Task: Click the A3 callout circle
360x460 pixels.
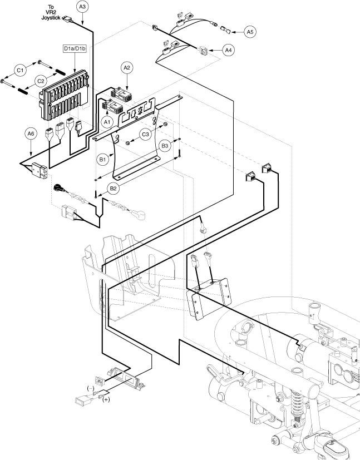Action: (83, 7)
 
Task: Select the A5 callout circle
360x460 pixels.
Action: (251, 32)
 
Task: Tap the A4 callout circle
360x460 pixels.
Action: (228, 50)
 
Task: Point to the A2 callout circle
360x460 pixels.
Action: (127, 68)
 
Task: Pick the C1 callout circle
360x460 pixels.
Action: (20, 70)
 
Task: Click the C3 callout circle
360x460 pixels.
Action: (145, 134)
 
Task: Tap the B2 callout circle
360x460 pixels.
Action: (113, 189)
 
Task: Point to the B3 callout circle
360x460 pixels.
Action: (165, 146)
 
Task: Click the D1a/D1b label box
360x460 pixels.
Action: (75, 50)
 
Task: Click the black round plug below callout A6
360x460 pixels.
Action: (57, 190)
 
